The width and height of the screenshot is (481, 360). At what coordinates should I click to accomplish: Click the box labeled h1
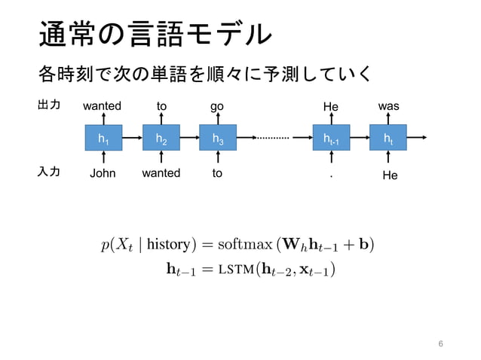coord(102,139)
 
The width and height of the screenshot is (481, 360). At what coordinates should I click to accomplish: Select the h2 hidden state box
coord(161,139)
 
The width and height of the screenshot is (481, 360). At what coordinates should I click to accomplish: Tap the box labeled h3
coord(218,139)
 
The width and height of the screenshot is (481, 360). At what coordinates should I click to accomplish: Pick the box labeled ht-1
coord(332,139)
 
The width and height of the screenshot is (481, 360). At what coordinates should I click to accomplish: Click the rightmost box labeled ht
coord(388,139)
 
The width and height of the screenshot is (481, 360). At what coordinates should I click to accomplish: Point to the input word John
coord(102,173)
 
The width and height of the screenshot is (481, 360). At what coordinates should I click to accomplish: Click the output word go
coord(217,107)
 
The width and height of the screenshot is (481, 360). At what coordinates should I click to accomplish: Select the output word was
coord(388,107)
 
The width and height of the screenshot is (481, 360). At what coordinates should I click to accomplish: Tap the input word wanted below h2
coord(161,173)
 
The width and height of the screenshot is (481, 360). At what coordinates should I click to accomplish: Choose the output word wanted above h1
coord(102,107)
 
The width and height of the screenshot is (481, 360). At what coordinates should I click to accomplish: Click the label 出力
coord(49,105)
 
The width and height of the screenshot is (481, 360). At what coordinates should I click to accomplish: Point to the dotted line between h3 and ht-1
coord(273,139)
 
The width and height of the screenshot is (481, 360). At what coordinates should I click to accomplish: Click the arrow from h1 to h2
coord(131,139)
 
